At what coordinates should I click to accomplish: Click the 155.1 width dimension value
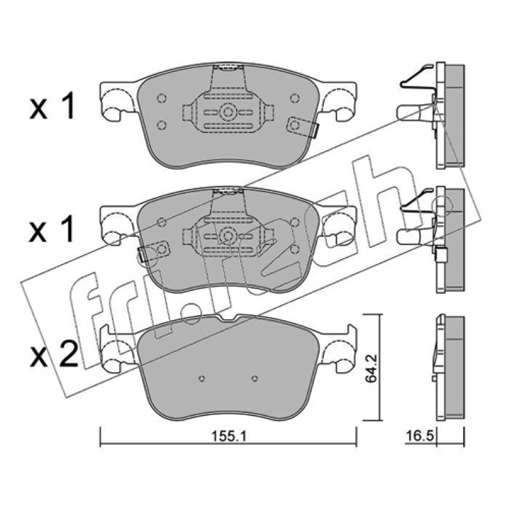tap(229, 436)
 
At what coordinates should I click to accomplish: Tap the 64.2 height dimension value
tap(372, 369)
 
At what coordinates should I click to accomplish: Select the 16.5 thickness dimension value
tap(420, 436)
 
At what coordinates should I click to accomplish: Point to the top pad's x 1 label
tap(53, 106)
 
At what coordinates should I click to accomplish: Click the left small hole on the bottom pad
tap(202, 379)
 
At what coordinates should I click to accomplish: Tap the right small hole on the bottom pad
tap(255, 379)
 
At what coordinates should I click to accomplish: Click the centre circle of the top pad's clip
tap(228, 113)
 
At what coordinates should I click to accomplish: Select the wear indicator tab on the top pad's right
tap(303, 127)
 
